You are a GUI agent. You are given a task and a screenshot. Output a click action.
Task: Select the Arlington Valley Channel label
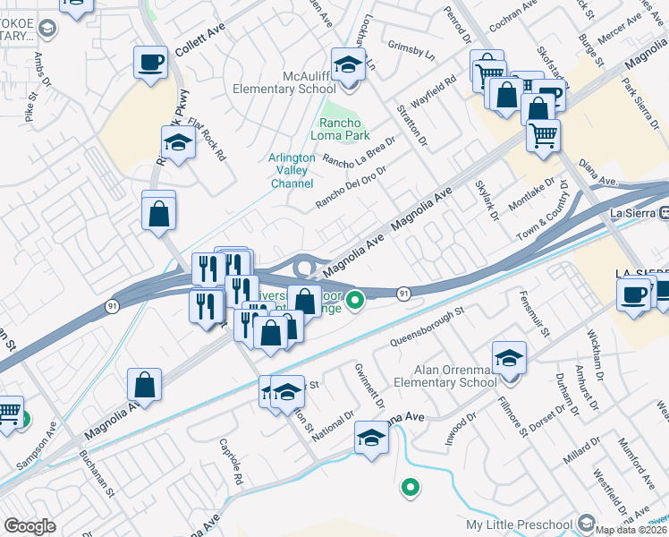click(x=292, y=170)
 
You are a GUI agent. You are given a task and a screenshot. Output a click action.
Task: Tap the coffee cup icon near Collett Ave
click(x=150, y=63)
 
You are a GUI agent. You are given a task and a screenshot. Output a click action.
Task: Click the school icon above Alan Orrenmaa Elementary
click(x=509, y=358)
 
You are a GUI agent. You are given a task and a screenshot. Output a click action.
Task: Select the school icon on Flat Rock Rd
click(x=178, y=142)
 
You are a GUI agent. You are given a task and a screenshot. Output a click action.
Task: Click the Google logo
click(x=30, y=526)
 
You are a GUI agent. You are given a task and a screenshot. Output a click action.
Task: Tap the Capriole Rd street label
click(x=231, y=462)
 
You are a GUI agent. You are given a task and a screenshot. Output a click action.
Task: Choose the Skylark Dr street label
click(x=489, y=203)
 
